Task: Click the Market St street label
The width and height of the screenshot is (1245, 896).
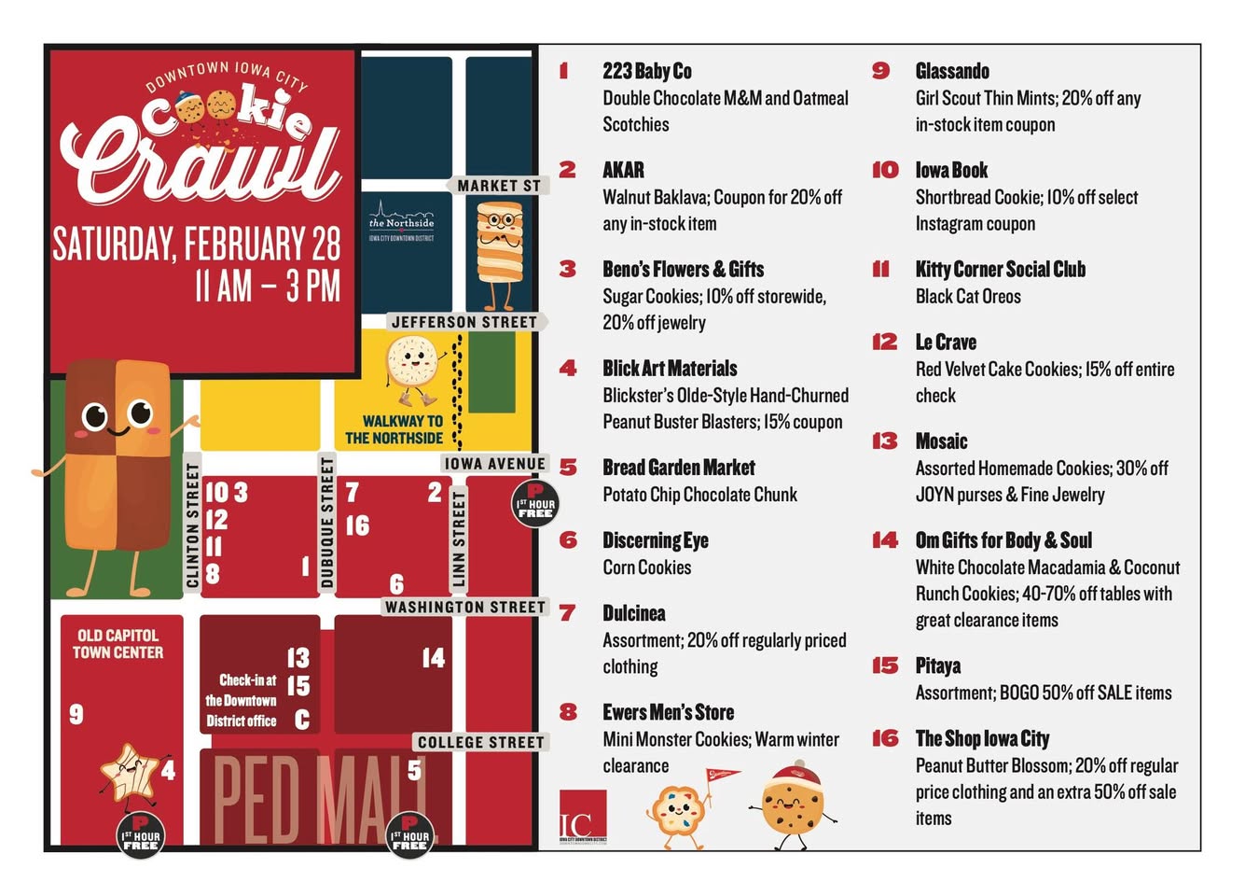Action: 498,186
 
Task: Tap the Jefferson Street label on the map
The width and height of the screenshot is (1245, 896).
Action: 463,322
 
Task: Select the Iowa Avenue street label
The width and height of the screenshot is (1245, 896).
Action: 494,464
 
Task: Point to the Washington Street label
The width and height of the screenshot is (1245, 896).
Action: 464,608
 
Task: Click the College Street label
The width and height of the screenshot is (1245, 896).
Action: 480,743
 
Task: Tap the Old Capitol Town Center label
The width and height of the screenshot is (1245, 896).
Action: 118,644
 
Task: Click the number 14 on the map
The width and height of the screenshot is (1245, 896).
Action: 433,659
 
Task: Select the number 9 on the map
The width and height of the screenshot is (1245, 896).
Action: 76,714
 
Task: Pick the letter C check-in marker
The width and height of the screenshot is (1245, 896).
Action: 301,720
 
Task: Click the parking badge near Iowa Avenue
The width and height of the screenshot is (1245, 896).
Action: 535,503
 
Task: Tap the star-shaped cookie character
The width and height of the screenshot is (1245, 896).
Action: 130,773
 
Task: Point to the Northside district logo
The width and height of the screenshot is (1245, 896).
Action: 401,221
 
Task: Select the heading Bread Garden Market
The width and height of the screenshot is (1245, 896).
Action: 678,468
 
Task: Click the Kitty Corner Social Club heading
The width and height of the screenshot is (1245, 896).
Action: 1000,270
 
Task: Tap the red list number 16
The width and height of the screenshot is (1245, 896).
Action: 885,739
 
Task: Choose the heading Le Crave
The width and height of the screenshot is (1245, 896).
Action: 946,343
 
